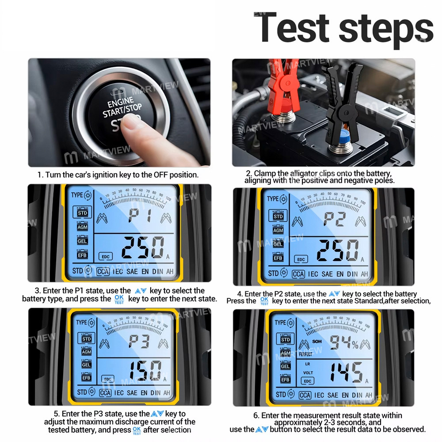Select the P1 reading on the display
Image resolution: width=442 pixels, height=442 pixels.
[x=140, y=216]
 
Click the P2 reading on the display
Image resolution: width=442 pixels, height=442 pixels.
[x=334, y=219]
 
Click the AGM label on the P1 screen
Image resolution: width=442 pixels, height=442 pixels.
[x=83, y=227]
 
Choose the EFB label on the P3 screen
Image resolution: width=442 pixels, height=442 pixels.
[x=86, y=378]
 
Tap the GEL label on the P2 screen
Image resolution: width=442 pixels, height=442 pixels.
[x=278, y=244]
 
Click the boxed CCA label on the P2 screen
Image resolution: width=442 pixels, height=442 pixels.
[x=298, y=274]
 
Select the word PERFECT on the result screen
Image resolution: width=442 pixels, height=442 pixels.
[x=305, y=354]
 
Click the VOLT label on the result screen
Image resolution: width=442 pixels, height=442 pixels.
[x=308, y=373]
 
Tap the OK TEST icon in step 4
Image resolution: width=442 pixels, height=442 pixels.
[x=264, y=301]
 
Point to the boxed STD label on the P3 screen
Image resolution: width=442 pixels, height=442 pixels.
[x=86, y=339]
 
